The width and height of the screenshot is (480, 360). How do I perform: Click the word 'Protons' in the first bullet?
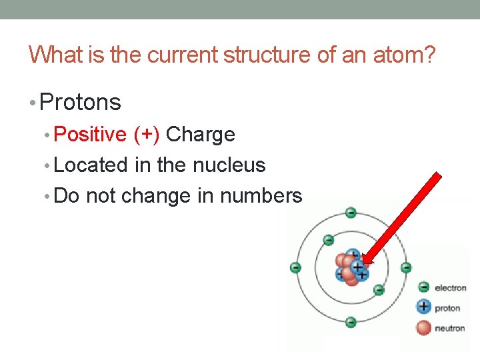(x=81, y=103)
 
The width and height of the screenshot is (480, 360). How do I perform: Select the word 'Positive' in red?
(x=90, y=135)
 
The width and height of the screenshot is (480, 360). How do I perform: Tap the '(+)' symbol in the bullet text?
(x=146, y=135)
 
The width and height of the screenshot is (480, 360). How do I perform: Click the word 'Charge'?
(x=201, y=135)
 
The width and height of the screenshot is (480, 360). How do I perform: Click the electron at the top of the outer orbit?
(x=351, y=213)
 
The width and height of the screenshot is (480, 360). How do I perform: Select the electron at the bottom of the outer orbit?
(x=351, y=323)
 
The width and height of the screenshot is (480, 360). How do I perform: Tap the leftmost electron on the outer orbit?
(x=296, y=268)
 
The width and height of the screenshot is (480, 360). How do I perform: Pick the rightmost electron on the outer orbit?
(x=406, y=268)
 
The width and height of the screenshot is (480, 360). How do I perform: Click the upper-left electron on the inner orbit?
(x=328, y=240)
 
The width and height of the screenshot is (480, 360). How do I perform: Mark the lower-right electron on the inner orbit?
(x=378, y=289)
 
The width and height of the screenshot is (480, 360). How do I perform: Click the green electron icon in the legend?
(x=423, y=287)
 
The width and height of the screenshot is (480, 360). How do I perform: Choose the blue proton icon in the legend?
(x=423, y=307)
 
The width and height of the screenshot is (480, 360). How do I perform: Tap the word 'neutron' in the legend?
(x=450, y=328)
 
